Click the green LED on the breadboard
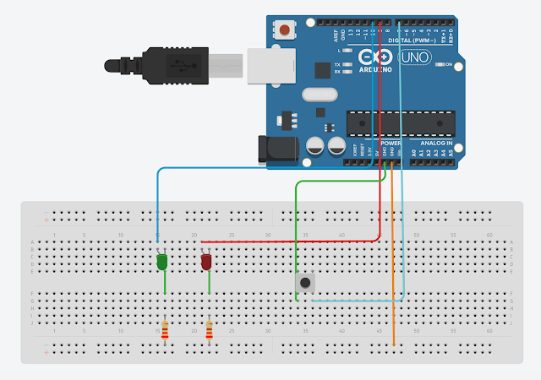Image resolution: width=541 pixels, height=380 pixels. tap(161, 263)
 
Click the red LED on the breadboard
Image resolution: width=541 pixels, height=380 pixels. tap(206, 263)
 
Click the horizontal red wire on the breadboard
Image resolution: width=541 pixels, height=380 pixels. tap(287, 241)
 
